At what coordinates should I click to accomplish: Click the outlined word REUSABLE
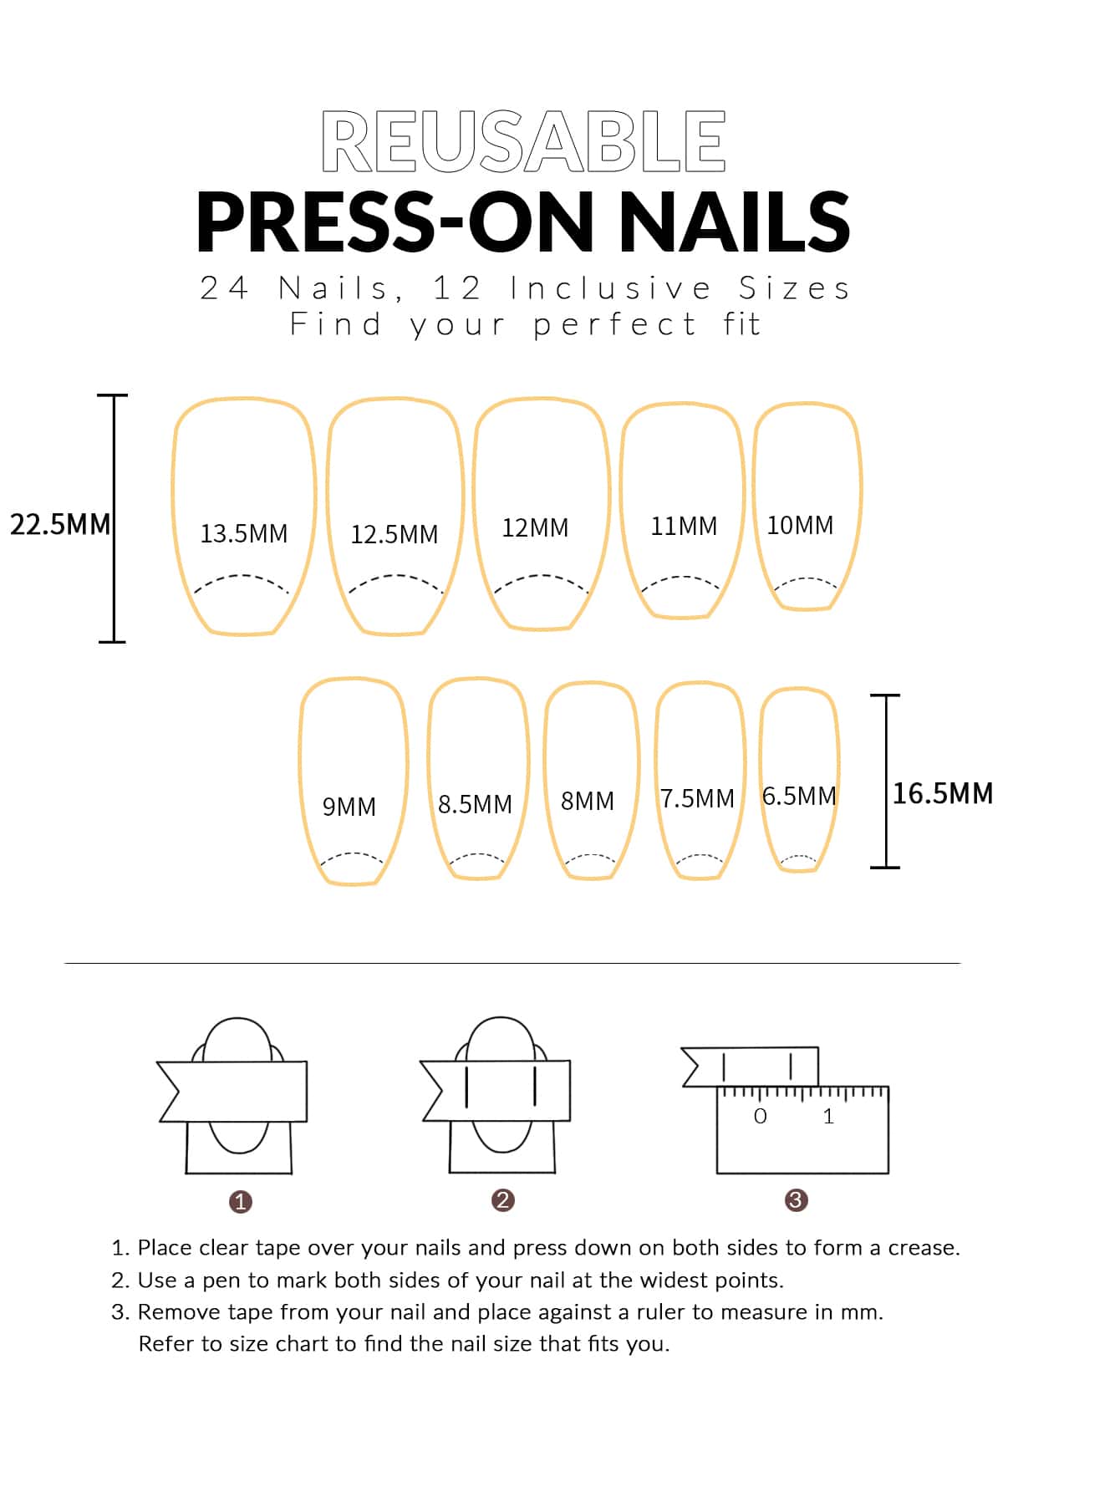pos(523,140)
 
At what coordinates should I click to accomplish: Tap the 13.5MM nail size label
pos(243,533)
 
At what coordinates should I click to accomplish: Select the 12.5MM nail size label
pos(394,534)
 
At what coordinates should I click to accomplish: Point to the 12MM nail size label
pos(535,527)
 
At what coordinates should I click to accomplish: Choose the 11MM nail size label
pos(684,526)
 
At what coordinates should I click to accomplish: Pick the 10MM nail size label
pos(800,525)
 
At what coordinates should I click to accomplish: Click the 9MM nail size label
pos(349,807)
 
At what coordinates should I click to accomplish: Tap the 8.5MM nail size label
pos(475,804)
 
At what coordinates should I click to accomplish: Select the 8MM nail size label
pos(588,801)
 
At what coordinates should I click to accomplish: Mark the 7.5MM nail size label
pos(698,798)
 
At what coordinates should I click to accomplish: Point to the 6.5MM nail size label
pos(799,796)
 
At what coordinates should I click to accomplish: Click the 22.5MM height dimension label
pos(60,524)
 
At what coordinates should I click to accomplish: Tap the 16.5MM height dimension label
pos(943,793)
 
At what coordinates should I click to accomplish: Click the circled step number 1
pos(240,1202)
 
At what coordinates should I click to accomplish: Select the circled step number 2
pos(502,1200)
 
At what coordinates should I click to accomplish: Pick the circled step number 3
pos(796,1200)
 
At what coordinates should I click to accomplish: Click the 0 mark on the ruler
pos(760,1116)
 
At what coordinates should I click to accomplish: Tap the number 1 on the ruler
pos(828,1116)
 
